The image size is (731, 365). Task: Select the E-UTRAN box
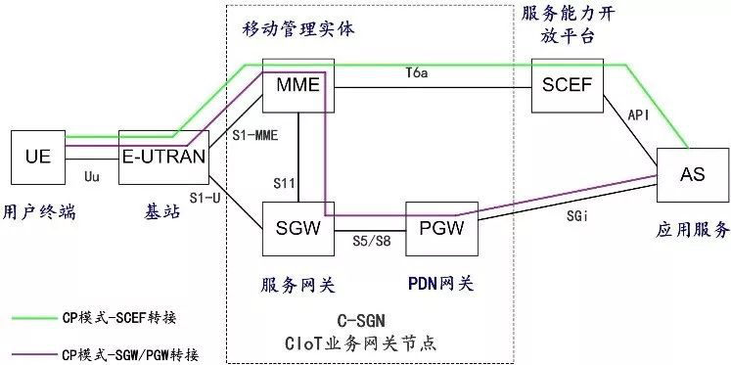tap(163, 155)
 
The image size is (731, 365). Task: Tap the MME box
tap(298, 84)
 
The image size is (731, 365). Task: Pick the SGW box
tap(298, 229)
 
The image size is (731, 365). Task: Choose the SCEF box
tap(567, 84)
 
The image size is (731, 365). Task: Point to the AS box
tap(692, 174)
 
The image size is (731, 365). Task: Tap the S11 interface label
tap(285, 182)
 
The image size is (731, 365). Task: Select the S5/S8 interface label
tap(369, 239)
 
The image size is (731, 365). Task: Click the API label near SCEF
tap(638, 115)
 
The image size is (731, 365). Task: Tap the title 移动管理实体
tap(298, 29)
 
